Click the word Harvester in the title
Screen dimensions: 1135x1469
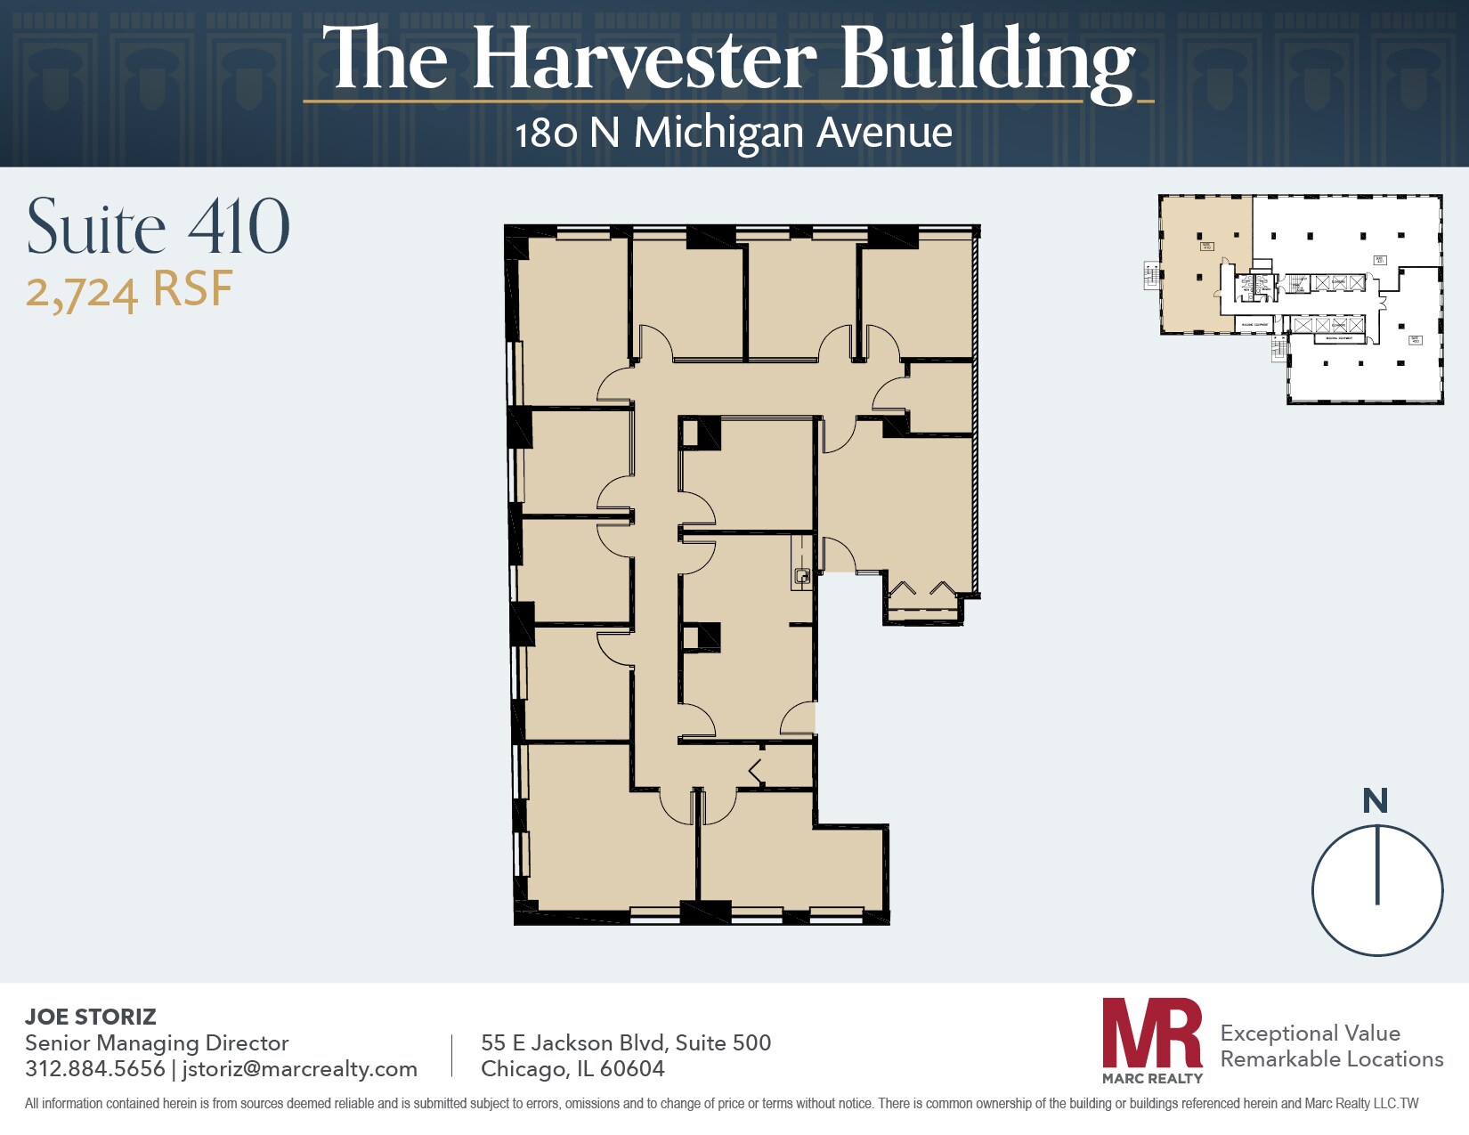645,60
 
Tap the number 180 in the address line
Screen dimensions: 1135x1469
546,134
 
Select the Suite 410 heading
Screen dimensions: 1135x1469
158,227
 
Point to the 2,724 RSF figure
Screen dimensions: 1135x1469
129,291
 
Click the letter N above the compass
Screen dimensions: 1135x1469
1375,801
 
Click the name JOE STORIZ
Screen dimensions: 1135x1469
90,1017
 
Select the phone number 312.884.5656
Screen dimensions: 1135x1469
94,1068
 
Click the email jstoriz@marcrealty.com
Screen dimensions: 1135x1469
299,1068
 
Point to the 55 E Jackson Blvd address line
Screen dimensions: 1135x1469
625,1042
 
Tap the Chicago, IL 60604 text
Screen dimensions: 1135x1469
572,1068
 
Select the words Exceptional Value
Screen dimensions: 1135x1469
1310,1033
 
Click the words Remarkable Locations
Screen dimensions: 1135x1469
1331,1058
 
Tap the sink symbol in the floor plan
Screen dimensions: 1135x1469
802,577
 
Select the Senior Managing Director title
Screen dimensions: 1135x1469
157,1042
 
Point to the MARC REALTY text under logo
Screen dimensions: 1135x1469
1152,1078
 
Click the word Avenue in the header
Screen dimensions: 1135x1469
884,134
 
